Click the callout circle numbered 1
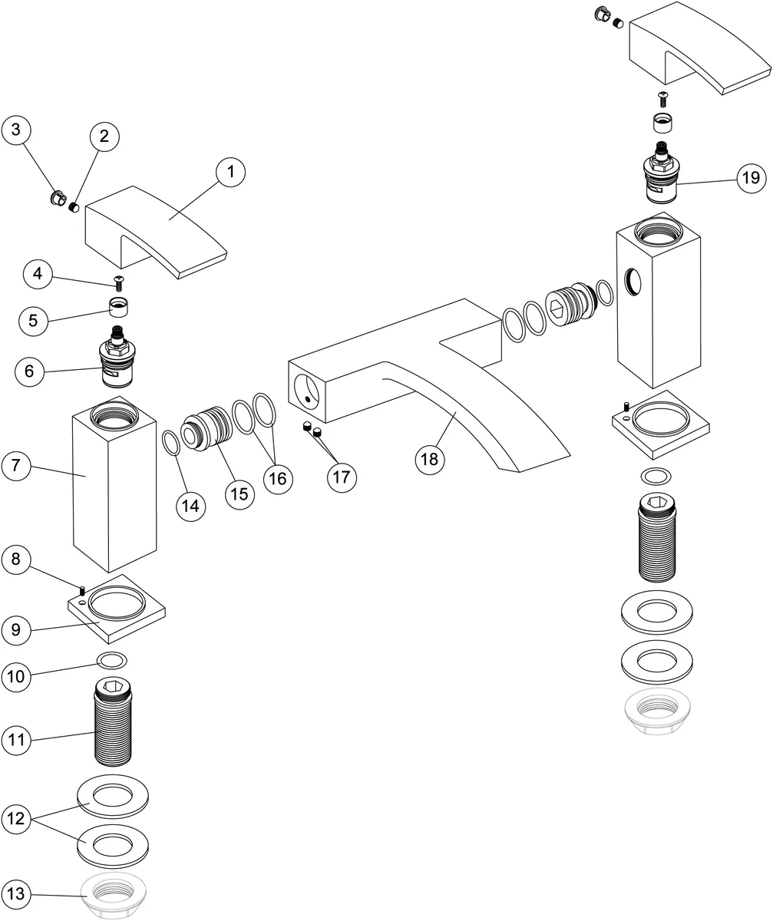[229, 173]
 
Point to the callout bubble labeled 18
[430, 459]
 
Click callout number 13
[17, 893]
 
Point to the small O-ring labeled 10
[112, 660]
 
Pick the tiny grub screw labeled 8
[81, 589]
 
